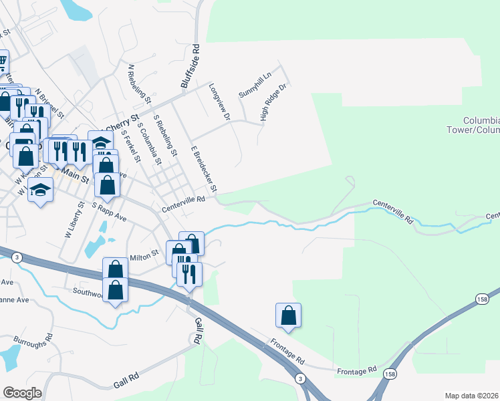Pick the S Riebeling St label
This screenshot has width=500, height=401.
pyautogui.click(x=165, y=136)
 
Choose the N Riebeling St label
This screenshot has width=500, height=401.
pyautogui.click(x=140, y=86)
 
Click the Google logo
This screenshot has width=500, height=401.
pyautogui.click(x=22, y=393)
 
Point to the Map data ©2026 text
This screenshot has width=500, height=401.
pyautogui.click(x=472, y=396)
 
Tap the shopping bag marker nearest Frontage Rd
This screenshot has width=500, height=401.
pyautogui.click(x=288, y=316)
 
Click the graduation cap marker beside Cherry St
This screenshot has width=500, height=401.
pyautogui.click(x=100, y=142)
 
